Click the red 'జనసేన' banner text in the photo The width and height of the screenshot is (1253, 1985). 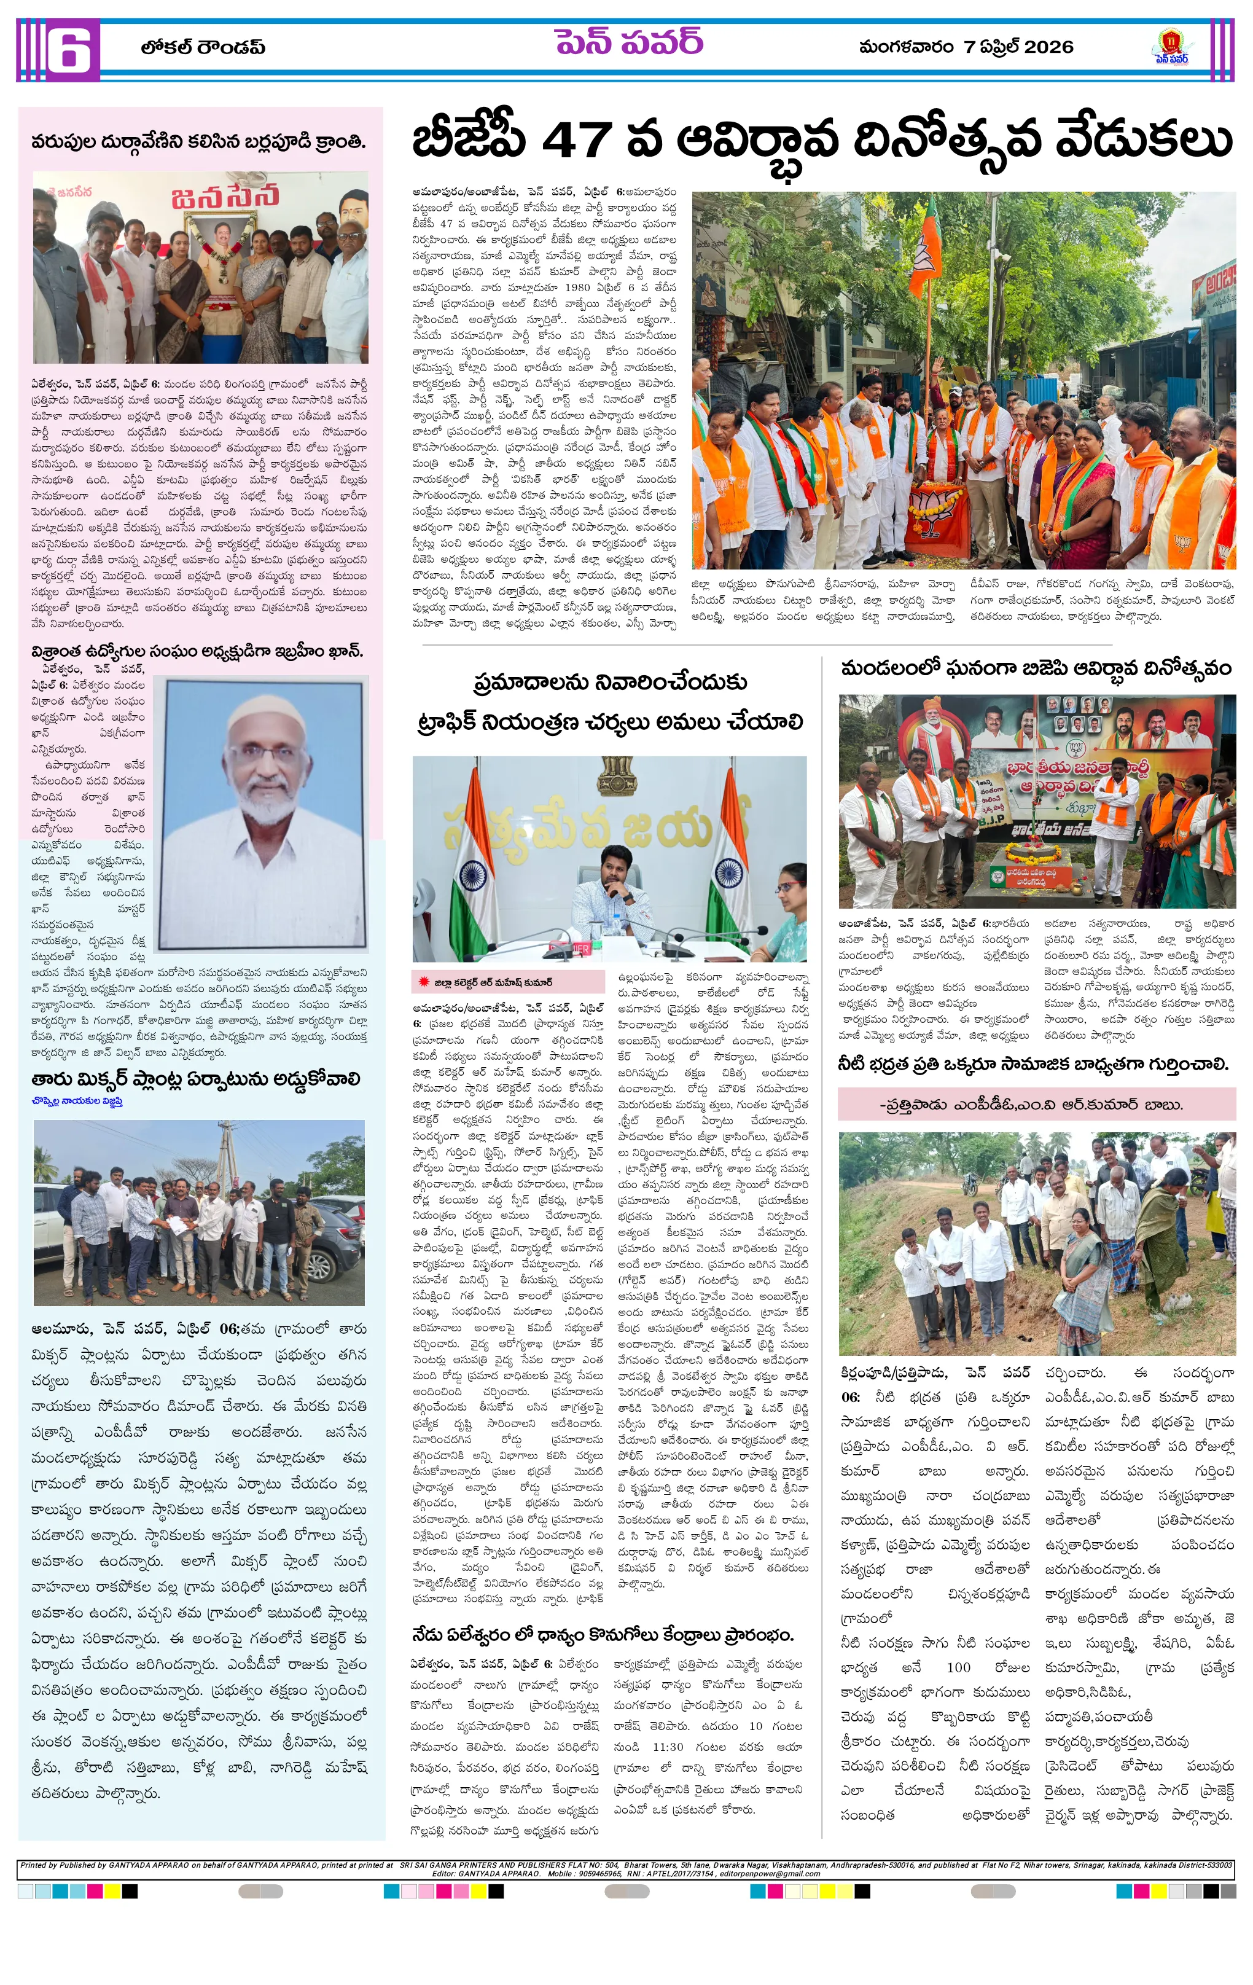tap(224, 198)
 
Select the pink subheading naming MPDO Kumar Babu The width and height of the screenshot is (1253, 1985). tap(1036, 1105)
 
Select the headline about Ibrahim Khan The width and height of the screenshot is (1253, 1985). tap(197, 651)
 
